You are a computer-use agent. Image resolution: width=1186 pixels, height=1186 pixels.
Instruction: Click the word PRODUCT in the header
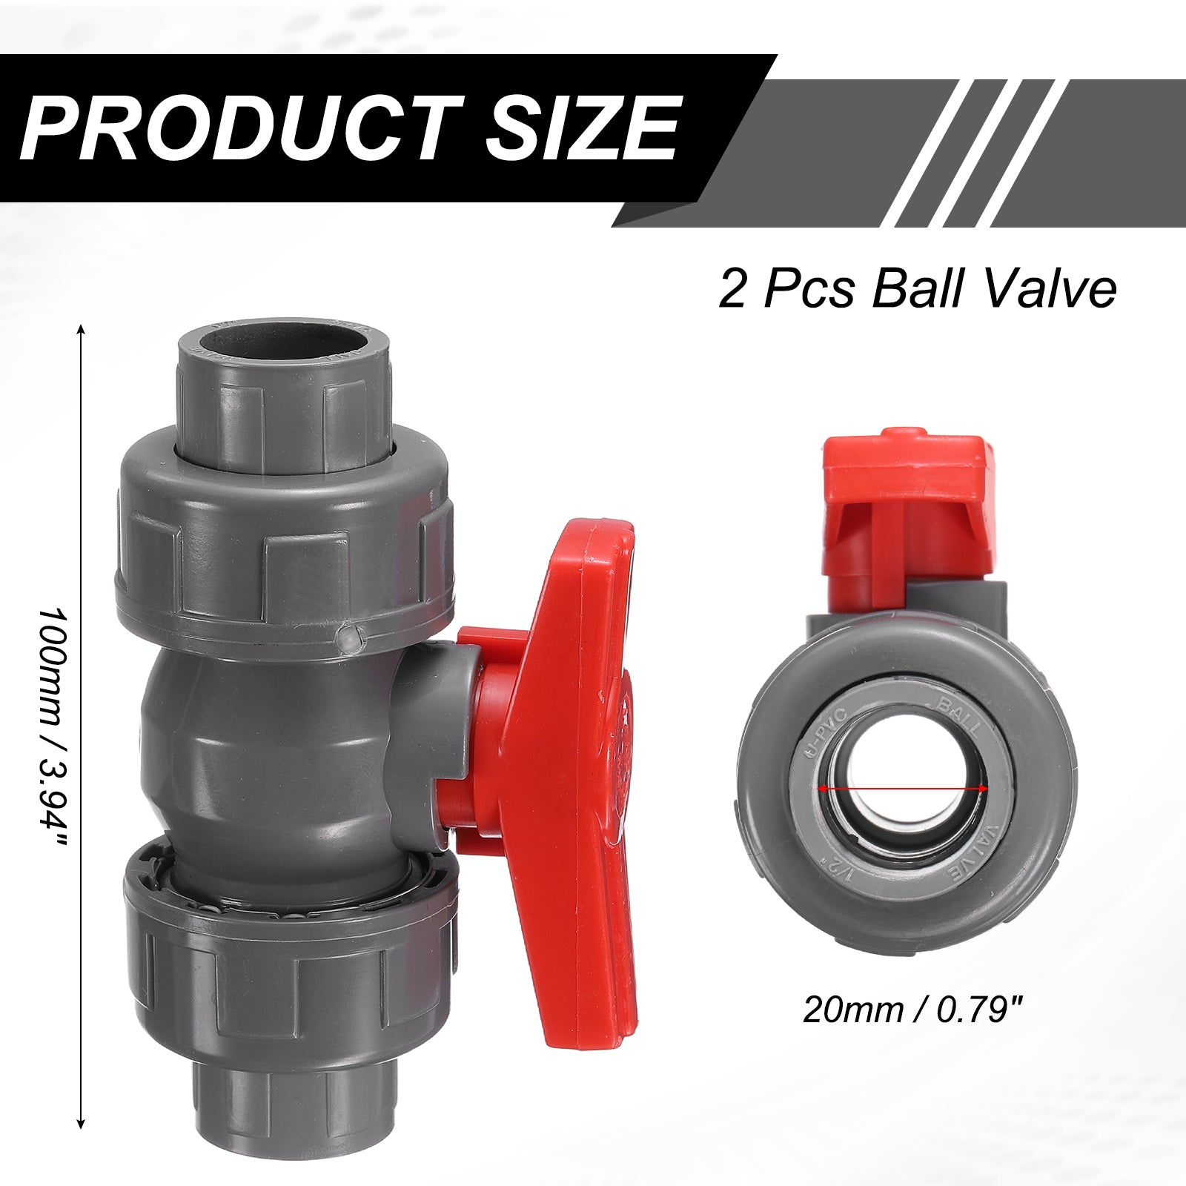[x=242, y=128]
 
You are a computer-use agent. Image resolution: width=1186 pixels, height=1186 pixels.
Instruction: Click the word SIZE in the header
[x=583, y=128]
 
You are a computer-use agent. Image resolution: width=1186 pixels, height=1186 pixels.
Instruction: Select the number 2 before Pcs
[x=732, y=290]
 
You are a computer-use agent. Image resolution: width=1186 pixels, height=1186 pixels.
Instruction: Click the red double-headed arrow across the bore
[x=903, y=789]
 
